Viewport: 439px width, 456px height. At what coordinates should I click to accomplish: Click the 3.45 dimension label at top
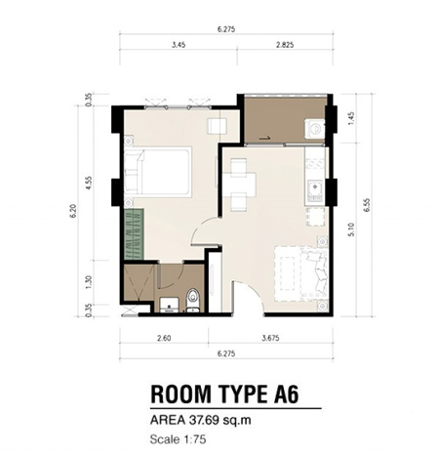click(x=179, y=45)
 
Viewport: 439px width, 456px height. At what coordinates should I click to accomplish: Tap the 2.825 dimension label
click(x=285, y=45)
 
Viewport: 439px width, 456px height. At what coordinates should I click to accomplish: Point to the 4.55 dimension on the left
click(x=89, y=183)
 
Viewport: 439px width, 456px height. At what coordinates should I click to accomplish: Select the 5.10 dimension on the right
click(x=351, y=229)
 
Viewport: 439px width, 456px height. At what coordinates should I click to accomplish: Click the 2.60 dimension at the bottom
click(x=164, y=338)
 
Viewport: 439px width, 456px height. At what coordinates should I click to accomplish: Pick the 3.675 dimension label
click(x=270, y=338)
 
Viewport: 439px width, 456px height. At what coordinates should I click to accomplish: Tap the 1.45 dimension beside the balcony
click(x=351, y=118)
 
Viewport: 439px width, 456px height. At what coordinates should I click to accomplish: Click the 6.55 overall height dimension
click(x=367, y=205)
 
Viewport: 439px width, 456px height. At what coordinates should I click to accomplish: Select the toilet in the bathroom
click(x=193, y=300)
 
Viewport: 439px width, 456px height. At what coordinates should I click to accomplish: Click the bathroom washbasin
click(x=169, y=305)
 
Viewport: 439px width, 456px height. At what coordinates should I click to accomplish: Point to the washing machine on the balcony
click(x=314, y=129)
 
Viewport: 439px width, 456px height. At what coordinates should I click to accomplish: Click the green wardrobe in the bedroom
click(x=134, y=234)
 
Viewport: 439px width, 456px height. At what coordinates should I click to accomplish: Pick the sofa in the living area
click(x=314, y=274)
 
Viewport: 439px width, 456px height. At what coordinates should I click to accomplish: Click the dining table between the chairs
click(x=240, y=185)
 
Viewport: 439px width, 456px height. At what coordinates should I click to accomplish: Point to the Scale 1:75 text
click(x=178, y=439)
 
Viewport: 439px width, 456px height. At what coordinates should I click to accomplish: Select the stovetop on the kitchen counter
click(x=315, y=163)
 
